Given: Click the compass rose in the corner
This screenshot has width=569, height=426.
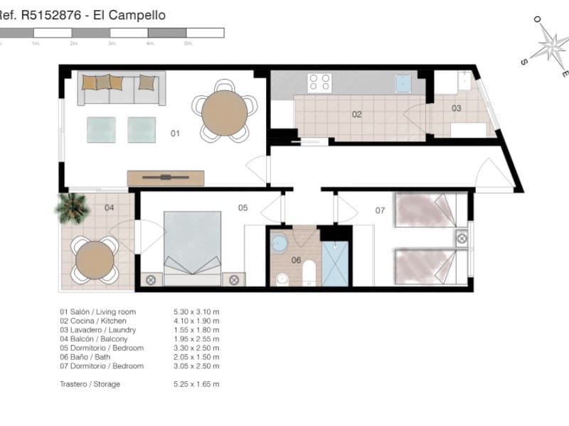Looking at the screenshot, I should coord(549,46).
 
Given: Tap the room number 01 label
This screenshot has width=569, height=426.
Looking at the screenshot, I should coord(175,133).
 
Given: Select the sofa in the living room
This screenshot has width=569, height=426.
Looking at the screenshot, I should coord(121,88).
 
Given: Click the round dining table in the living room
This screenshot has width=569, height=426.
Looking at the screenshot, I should coord(224,112).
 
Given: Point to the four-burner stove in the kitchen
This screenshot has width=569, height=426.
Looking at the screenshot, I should coord(319,82).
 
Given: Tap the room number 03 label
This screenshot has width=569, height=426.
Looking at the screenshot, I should coord(456,109).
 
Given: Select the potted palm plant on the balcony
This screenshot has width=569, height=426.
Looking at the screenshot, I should coord(73,208).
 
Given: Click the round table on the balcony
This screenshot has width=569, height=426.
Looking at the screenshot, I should coord(95,260).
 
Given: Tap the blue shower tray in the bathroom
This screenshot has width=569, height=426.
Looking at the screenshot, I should coord(334,263).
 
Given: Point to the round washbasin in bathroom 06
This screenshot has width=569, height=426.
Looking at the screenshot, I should coord(280,244).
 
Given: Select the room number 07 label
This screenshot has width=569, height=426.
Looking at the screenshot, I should coord(380,210).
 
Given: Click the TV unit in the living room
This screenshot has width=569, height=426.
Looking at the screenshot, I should coord(165,177).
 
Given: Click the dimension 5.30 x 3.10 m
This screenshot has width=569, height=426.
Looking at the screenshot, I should coord(196,312).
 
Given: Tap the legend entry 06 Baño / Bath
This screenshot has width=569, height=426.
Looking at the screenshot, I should coord(90,357).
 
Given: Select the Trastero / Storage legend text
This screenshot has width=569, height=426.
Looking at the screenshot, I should coord(90,384).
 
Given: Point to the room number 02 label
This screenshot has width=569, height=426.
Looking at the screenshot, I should coord(357,114).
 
